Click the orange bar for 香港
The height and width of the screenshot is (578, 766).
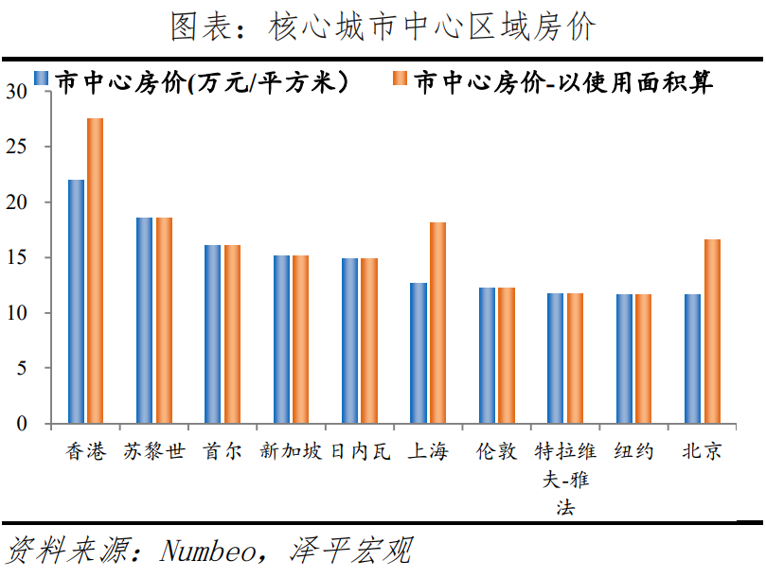coord(96,271)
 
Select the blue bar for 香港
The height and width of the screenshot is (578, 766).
coord(76,301)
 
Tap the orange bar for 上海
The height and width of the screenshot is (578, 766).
coord(437,323)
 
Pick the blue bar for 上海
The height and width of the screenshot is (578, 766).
coord(419,353)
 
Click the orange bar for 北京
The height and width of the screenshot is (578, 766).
coord(712,331)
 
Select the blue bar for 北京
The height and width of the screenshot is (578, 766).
coord(693,359)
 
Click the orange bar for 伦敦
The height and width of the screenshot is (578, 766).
coord(507,355)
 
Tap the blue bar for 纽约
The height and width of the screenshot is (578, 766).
coord(624,359)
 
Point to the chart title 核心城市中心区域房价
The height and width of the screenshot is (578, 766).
coord(432,26)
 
